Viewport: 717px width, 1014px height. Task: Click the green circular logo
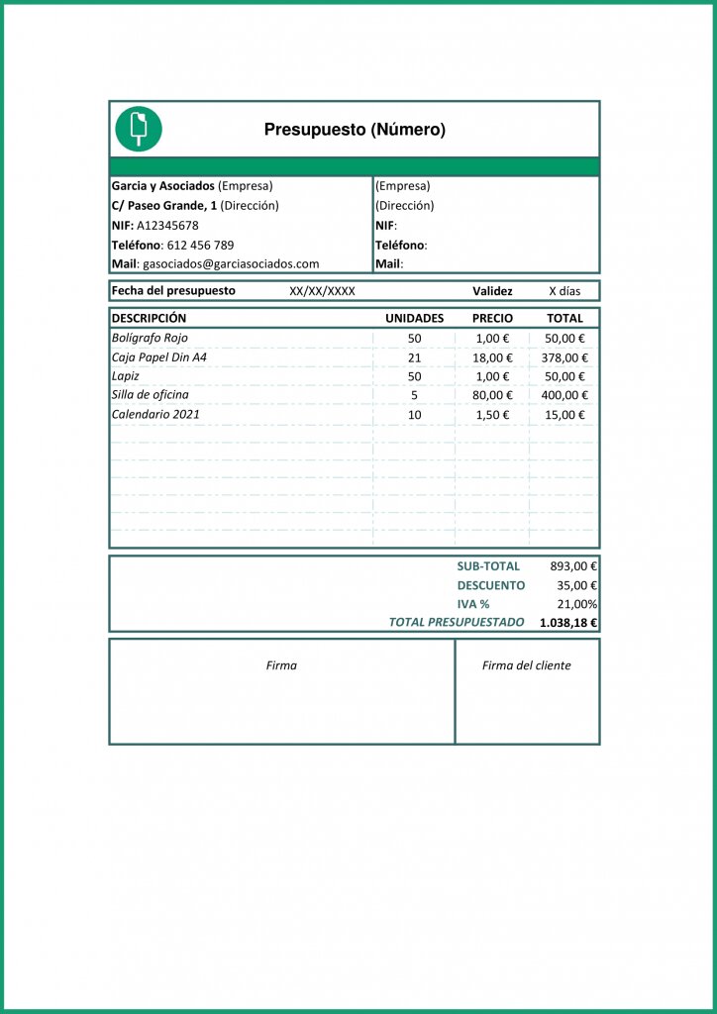pyautogui.click(x=139, y=129)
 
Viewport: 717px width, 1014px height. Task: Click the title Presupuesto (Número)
pyautogui.click(x=355, y=130)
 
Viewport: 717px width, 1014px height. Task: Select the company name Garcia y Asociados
pyautogui.click(x=162, y=185)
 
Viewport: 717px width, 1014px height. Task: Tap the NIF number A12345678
pyautogui.click(x=167, y=225)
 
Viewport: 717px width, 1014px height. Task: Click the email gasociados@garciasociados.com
pyautogui.click(x=231, y=264)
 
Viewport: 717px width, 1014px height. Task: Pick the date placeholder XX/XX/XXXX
pyautogui.click(x=322, y=291)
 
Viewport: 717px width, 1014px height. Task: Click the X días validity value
pyautogui.click(x=565, y=291)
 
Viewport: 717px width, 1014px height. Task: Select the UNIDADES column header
pyautogui.click(x=414, y=319)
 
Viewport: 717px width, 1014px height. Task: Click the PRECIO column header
pyautogui.click(x=492, y=319)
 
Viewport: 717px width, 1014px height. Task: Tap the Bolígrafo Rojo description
pyautogui.click(x=150, y=339)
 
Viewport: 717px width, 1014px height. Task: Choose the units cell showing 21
pyautogui.click(x=414, y=357)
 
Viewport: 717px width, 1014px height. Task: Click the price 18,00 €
pyautogui.click(x=493, y=357)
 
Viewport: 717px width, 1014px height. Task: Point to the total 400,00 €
pyautogui.click(x=565, y=395)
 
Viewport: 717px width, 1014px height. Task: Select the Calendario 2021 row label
pyautogui.click(x=155, y=414)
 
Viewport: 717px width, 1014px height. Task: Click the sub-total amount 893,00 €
pyautogui.click(x=573, y=566)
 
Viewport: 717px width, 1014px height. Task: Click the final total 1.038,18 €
pyautogui.click(x=568, y=623)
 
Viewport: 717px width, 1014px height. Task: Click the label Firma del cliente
pyautogui.click(x=526, y=665)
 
